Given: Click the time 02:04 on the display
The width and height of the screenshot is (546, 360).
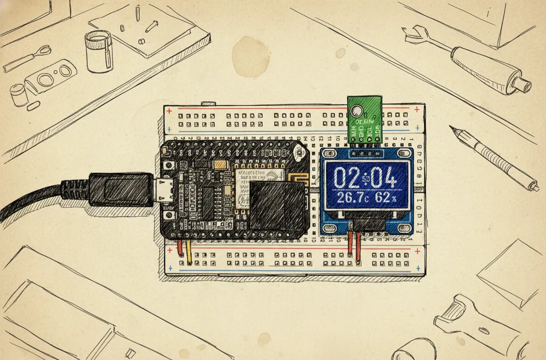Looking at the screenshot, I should point(364,177).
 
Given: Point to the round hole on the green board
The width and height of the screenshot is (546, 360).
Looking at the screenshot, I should point(356,111).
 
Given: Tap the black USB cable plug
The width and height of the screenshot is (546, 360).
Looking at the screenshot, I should point(120,189).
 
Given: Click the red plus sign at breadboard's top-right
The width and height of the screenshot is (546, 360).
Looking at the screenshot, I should point(417,110).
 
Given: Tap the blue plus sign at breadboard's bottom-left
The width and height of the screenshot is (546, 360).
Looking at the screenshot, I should point(171,268).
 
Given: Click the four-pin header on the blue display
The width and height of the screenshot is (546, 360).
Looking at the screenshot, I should point(364,151).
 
